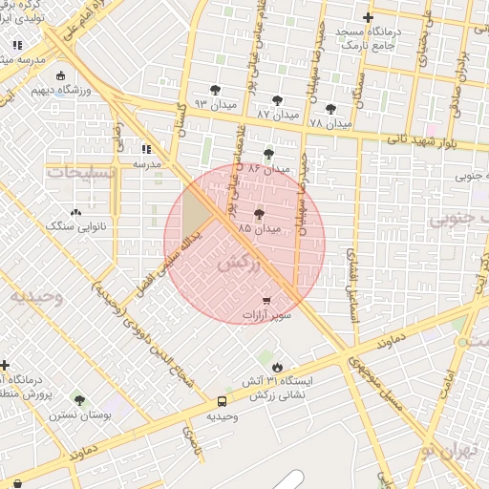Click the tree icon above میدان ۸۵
tap(260, 215)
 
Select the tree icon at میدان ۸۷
tap(277, 99)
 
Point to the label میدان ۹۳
tap(207, 103)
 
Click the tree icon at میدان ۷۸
tap(331, 109)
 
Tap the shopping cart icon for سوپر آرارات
tap(265, 300)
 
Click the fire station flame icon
tap(276, 366)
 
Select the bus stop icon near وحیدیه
tap(222, 402)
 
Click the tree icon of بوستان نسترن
tap(78, 400)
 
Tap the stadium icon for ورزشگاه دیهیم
tap(61, 76)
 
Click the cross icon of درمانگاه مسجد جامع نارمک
tap(369, 18)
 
